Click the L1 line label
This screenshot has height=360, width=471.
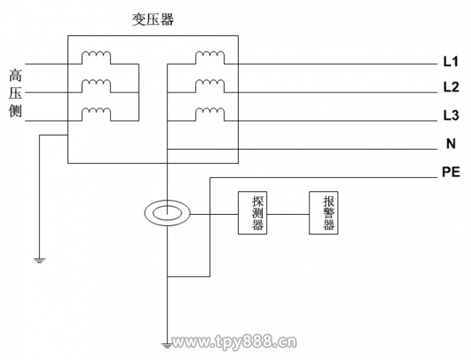(450, 61)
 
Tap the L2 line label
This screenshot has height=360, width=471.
(450, 86)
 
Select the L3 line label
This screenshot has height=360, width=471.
(450, 115)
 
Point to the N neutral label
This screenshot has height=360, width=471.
(451, 144)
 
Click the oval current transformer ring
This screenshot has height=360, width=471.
(168, 213)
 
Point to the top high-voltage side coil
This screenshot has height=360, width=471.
(97, 56)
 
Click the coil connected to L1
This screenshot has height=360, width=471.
(209, 56)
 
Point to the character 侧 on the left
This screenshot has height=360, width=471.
(15, 112)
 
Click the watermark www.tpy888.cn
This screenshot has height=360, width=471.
(235, 342)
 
